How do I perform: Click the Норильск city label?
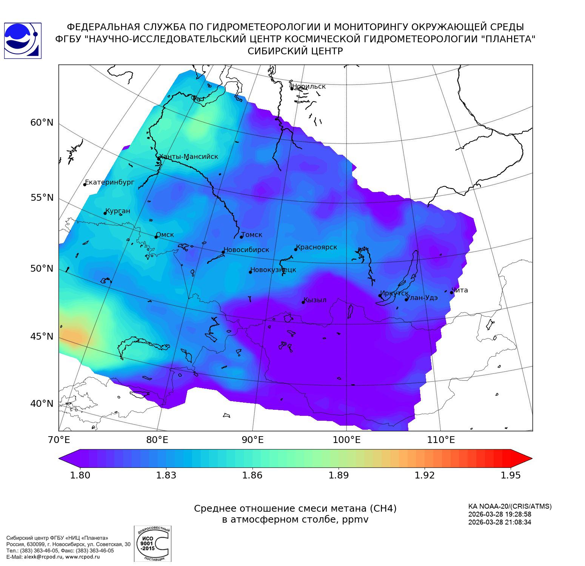[309, 86]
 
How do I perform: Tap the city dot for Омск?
[156, 237]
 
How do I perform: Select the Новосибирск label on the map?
[246, 250]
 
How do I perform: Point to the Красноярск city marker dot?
[296, 249]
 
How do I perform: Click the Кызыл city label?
[315, 300]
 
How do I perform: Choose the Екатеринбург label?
[109, 182]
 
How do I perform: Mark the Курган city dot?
[105, 213]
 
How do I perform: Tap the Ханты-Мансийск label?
[189, 157]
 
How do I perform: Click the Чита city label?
[460, 290]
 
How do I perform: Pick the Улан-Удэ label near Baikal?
[422, 297]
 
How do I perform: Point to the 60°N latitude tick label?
[42, 123]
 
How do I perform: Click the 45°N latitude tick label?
[42, 336]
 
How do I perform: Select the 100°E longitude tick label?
[346, 440]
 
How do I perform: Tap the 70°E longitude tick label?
[59, 440]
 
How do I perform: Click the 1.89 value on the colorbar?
[338, 475]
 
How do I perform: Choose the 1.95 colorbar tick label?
[510, 475]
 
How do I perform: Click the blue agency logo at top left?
[22, 40]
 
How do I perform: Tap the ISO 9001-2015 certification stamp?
[152, 543]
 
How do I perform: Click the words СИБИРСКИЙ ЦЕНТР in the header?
[295, 51]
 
